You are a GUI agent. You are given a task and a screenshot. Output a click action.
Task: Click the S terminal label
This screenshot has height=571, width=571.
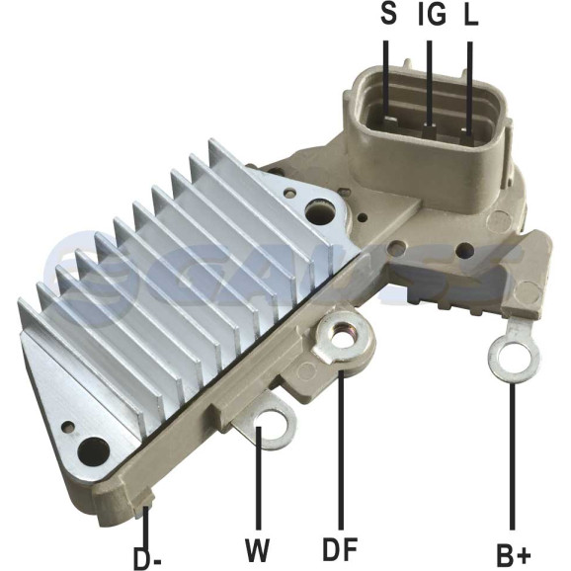tap(388, 14)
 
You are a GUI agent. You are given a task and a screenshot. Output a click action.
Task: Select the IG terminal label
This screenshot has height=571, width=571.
tap(432, 14)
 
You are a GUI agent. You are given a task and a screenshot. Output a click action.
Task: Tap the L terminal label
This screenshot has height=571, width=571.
tap(471, 14)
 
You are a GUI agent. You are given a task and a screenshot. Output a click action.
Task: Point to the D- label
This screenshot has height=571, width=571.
tap(147, 556)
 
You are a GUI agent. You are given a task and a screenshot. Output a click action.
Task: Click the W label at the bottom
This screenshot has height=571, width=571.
tap(258, 550)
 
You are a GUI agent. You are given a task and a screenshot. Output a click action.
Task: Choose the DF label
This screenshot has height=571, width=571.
tap(340, 549)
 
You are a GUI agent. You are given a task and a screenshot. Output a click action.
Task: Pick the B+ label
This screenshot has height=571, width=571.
tap(514, 556)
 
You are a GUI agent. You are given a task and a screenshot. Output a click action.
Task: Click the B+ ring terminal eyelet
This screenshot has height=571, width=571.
tap(514, 358)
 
